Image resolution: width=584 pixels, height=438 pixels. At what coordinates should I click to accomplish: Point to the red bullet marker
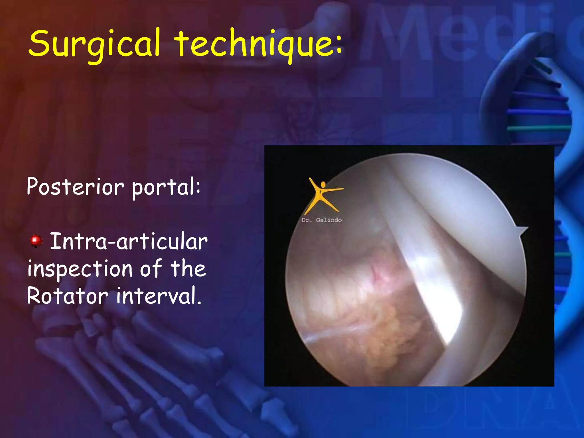pyautogui.click(x=36, y=241)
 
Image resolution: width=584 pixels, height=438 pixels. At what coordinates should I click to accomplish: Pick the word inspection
pyautogui.click(x=80, y=269)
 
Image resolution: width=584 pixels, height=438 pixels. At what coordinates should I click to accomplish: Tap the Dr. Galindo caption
pyautogui.click(x=322, y=220)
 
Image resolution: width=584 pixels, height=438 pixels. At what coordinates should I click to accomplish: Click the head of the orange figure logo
pyautogui.click(x=323, y=185)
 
